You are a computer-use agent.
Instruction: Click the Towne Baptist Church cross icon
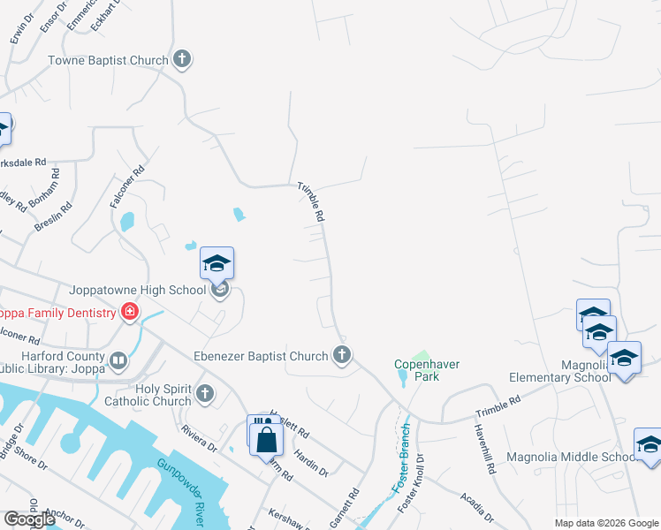click(x=182, y=60)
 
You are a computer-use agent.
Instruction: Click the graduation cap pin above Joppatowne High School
click(x=217, y=264)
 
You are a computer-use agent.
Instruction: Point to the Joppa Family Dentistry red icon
click(x=130, y=313)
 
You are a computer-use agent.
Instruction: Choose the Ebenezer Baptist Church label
click(x=261, y=357)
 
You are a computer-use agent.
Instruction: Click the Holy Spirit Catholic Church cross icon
click(x=205, y=394)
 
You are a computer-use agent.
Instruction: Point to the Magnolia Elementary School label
click(x=559, y=371)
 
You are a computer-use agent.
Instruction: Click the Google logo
click(x=29, y=519)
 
